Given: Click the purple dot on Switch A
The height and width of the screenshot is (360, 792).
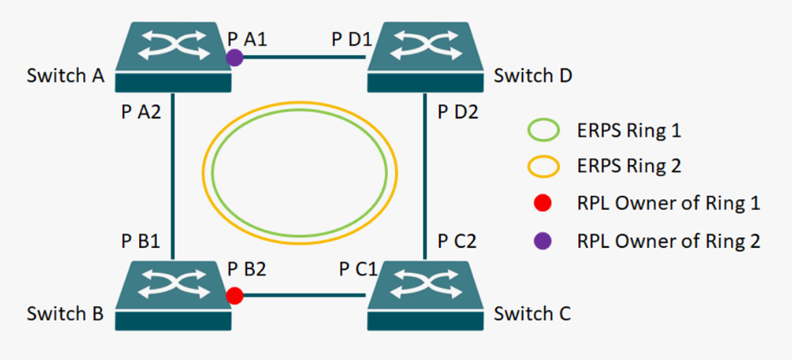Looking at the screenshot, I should [x=234, y=57].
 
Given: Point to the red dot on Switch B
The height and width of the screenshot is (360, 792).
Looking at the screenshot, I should [x=235, y=295].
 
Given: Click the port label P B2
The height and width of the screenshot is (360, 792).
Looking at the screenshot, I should [x=247, y=270].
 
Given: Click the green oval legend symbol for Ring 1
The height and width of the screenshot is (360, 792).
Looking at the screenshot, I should [x=544, y=130].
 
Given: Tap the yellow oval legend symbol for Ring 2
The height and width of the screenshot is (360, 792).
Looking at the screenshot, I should [x=544, y=167].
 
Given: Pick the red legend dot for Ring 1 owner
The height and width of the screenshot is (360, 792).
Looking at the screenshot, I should [x=544, y=203].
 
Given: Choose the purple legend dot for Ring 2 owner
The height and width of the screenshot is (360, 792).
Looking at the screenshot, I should [x=544, y=241].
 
